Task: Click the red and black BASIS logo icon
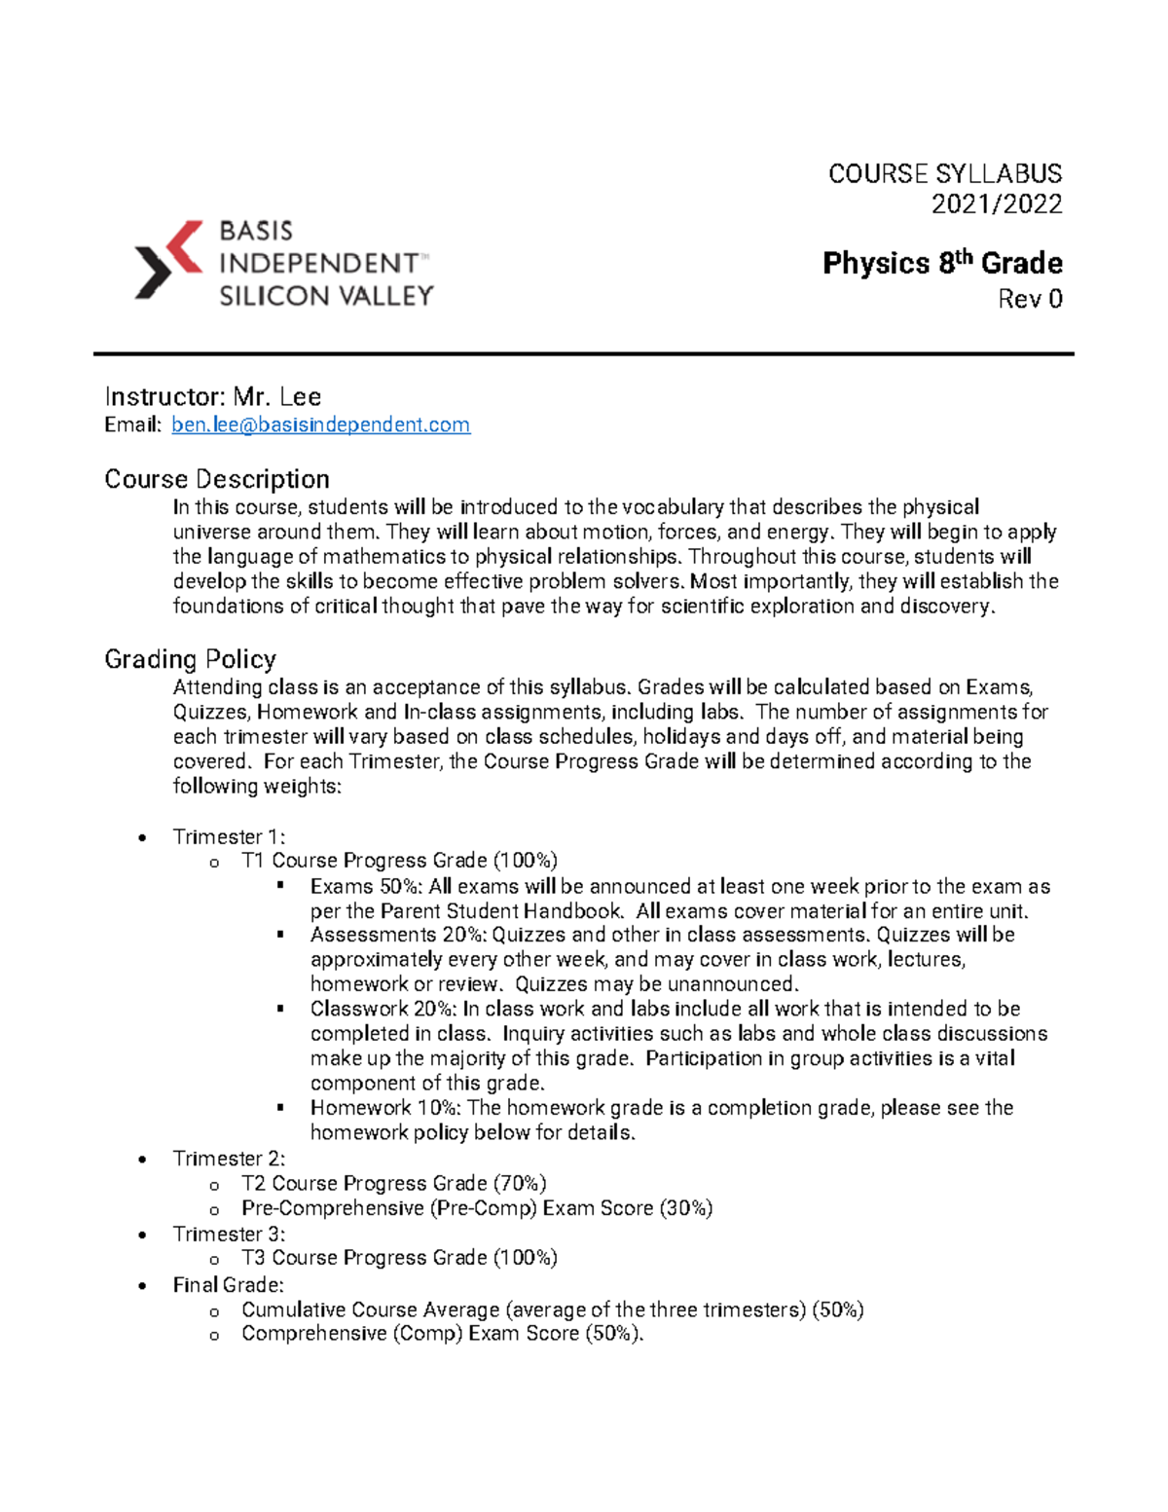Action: (x=168, y=259)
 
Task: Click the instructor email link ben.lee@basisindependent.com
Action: (x=320, y=424)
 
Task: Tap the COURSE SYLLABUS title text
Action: (x=944, y=174)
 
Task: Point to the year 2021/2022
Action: (x=996, y=204)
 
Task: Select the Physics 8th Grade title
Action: (x=941, y=263)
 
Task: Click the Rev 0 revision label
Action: (x=1030, y=299)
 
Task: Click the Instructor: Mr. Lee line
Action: (x=212, y=396)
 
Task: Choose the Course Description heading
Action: (x=216, y=479)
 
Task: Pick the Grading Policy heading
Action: (x=190, y=659)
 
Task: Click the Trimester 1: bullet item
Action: (x=229, y=836)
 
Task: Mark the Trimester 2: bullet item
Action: (x=229, y=1159)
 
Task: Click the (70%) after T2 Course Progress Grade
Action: (x=520, y=1183)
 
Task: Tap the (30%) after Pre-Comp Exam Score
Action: (x=686, y=1208)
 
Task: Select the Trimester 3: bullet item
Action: (x=229, y=1234)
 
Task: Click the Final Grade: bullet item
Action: (x=228, y=1285)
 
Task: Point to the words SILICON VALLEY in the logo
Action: (x=326, y=296)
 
